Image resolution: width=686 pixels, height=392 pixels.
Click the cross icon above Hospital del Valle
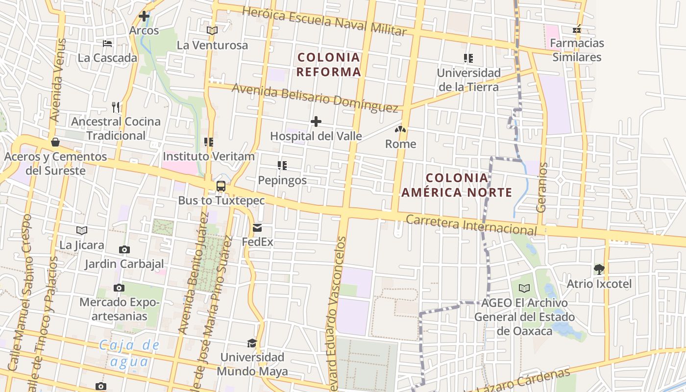point(316,122)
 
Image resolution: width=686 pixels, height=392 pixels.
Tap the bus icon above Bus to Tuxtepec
point(221,186)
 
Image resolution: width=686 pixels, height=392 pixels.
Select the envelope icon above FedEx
point(257,228)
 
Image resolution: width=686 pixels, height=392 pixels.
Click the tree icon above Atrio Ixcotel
point(599,269)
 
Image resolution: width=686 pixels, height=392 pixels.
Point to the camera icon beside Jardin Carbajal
point(124,250)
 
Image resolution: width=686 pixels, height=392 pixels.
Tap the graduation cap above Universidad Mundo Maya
point(252,343)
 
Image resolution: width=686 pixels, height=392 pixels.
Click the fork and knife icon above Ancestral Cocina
point(116,107)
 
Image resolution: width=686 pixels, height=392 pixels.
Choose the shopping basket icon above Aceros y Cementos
point(55,142)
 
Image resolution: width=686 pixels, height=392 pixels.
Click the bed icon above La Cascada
point(107,44)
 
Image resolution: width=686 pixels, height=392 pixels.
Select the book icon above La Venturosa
point(212,30)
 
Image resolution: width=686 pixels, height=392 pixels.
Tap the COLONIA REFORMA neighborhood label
point(329,65)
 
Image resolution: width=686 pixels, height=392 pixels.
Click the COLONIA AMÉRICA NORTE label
point(457,185)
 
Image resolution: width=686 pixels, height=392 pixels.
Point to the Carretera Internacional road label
point(471,225)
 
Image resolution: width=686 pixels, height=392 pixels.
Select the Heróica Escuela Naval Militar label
point(324,21)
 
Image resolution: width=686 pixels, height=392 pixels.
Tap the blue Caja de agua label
point(129,353)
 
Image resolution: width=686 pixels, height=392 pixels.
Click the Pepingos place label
point(282,180)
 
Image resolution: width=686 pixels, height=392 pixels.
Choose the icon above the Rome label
point(400,130)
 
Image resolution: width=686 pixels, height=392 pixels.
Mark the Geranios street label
point(541,187)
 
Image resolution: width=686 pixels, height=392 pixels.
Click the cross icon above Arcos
point(144,16)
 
